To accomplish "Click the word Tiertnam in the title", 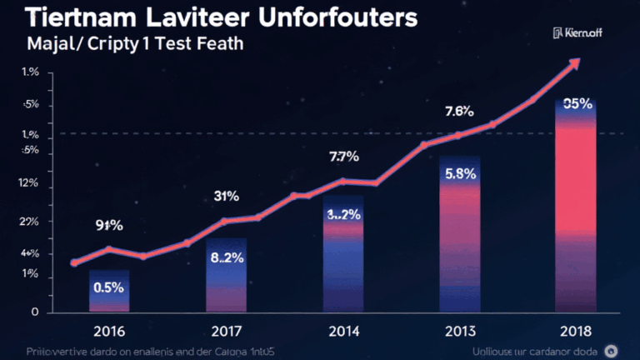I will point(70,17).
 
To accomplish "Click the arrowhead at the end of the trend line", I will point(574,64).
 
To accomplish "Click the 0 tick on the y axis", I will point(34,312).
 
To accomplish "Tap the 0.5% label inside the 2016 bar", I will point(108,287).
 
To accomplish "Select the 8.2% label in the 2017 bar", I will point(226,258).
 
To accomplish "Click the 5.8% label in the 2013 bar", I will point(460,174).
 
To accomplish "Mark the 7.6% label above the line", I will point(459,111).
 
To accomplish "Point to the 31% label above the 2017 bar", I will point(226,197).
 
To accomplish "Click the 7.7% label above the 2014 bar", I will point(343,156).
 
